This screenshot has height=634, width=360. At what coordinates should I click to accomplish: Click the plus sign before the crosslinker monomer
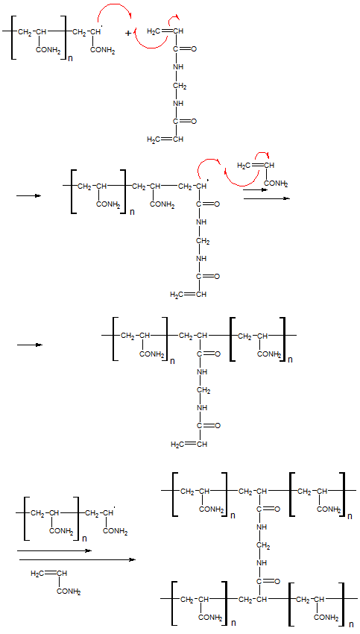128,33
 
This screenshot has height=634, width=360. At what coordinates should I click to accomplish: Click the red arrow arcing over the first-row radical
114,5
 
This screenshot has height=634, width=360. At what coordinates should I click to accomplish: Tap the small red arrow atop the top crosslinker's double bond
175,16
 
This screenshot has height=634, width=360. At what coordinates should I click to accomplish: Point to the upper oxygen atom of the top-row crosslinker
194,49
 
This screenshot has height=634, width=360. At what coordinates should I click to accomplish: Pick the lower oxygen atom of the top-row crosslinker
194,122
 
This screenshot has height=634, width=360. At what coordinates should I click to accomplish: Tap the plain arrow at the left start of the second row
29,196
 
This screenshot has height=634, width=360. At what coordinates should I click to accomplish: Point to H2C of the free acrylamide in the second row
243,166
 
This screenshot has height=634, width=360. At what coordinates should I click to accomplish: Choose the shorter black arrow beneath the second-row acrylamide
255,189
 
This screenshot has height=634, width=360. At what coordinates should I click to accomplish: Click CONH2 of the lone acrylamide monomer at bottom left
69,592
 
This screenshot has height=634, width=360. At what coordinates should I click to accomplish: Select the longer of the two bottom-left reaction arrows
78,559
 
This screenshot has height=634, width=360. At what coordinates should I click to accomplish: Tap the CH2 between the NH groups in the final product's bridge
263,545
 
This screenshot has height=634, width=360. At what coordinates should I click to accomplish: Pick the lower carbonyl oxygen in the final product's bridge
277,582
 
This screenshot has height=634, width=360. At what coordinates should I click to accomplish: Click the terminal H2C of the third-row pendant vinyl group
177,445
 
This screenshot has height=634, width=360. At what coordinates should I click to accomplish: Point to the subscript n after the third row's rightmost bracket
289,360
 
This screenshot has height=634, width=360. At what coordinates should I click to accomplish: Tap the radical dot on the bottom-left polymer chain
115,506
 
